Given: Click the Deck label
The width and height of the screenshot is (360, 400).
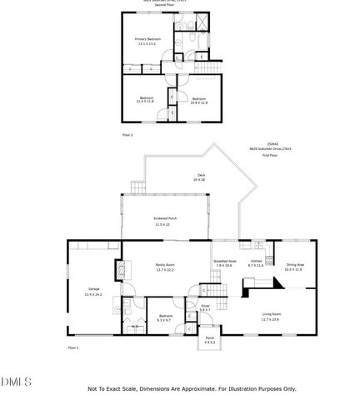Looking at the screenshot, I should [199, 177].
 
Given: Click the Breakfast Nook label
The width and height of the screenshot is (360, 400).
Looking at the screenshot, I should [225, 264].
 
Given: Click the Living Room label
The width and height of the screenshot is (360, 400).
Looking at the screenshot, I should [272, 317].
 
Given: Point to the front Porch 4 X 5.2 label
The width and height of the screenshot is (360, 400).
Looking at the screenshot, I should [210, 340].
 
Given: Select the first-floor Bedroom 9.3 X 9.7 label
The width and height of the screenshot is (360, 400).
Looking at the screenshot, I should [166, 318].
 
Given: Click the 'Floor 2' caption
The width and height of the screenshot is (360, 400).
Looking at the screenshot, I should [127, 134].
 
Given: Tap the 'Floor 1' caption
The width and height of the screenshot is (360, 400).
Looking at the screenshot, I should [72, 347].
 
